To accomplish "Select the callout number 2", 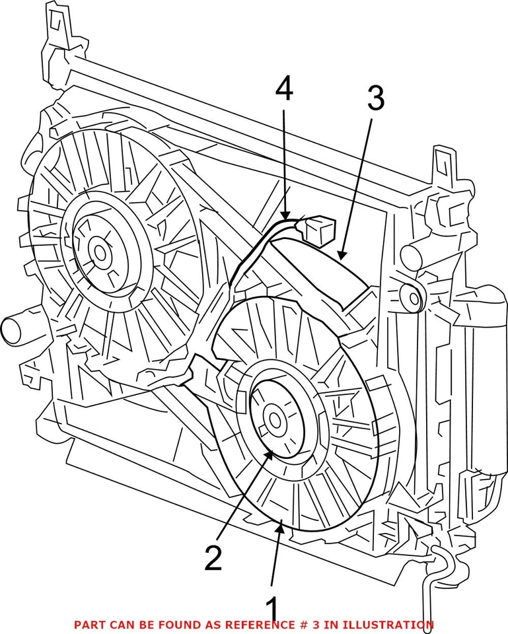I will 213,557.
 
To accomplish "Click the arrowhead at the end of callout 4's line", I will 285,218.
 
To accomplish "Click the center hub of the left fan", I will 100,253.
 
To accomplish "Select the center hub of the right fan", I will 275,419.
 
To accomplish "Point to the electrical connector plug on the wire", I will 320,230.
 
